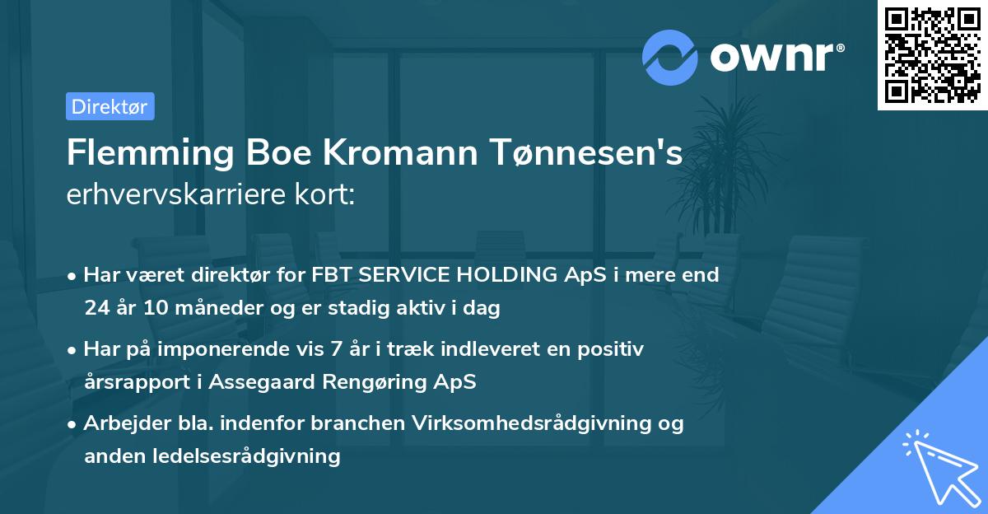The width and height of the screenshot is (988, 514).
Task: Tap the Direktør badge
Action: (110, 106)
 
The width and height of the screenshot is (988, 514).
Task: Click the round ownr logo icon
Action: (670, 57)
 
